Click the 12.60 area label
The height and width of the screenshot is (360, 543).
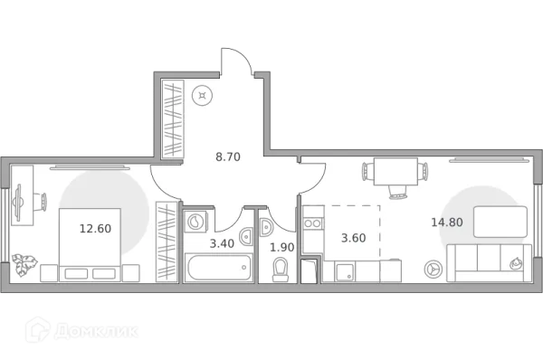pos(94,229)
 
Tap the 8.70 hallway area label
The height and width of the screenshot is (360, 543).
pos(227,156)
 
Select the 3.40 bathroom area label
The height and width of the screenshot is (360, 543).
pos(223,243)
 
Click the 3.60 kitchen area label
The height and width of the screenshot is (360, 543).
pos(353,239)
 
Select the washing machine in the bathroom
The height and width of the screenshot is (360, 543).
pos(196,222)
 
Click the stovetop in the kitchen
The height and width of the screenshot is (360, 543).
pos(313,222)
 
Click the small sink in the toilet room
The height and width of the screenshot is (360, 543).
pos(266,226)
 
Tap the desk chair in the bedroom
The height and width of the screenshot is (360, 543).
pos(17,205)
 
